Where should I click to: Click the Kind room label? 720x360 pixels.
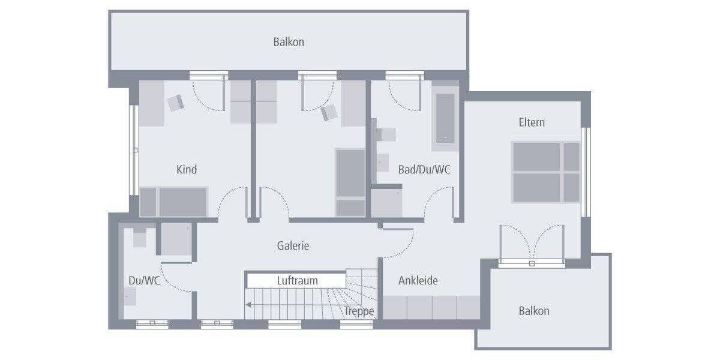pos(187,170)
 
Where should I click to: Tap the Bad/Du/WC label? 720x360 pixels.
pos(424,170)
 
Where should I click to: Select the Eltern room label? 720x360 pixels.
pos(532,122)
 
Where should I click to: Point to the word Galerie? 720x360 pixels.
pos(293,245)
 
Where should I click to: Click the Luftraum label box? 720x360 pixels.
pos(296,280)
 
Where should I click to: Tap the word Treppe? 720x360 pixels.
pos(359,311)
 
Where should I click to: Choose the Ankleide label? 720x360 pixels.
pos(418,280)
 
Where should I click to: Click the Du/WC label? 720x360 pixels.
pos(144,280)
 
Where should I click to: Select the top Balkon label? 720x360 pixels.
pos(289,42)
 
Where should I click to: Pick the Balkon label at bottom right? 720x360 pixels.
pos(533,311)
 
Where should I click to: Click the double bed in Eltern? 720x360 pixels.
pos(545,172)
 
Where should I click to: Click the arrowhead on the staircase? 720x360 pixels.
pos(248,305)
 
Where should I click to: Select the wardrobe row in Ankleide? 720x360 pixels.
pos(431,308)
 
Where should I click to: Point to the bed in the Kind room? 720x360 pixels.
pos(173,202)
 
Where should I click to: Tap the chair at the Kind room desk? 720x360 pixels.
pos(176,103)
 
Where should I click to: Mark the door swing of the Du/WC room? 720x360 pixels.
pos(176,277)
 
